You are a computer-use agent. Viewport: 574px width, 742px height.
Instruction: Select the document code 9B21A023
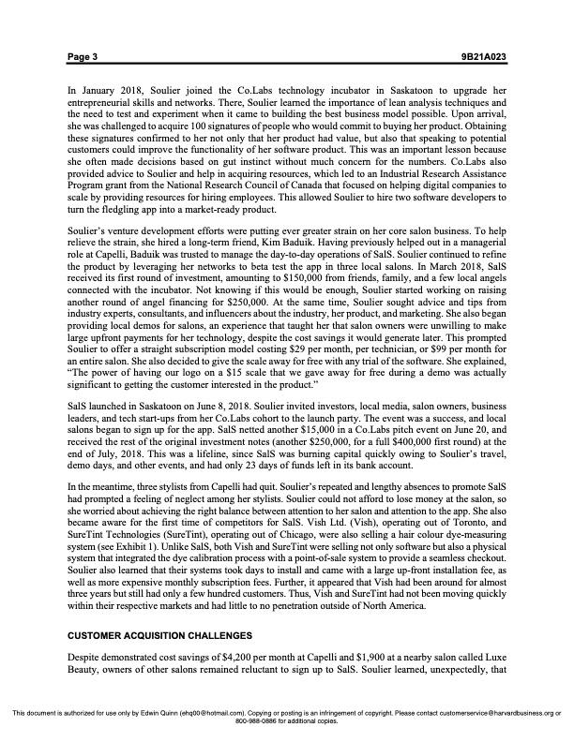(x=485, y=57)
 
